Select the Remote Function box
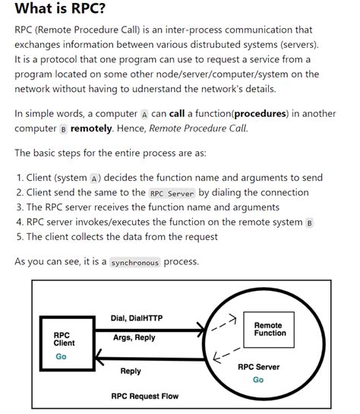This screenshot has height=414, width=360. tap(270, 329)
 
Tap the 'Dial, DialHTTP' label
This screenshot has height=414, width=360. tap(137, 318)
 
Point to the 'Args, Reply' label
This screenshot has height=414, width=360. tap(134, 337)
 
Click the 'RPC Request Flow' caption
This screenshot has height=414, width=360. tap(144, 395)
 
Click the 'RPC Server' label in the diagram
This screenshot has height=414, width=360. tap(258, 367)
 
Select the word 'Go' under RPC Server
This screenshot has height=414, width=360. tap(258, 380)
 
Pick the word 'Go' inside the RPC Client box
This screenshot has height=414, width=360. tap(62, 356)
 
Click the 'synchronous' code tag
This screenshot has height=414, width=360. tap(135, 262)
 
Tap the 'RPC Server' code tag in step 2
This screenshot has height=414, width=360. tap(172, 193)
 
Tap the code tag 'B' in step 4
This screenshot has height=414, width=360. tap(309, 222)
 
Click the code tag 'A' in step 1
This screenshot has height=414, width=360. tap(94, 178)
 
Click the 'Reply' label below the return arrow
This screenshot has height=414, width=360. tap(131, 371)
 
